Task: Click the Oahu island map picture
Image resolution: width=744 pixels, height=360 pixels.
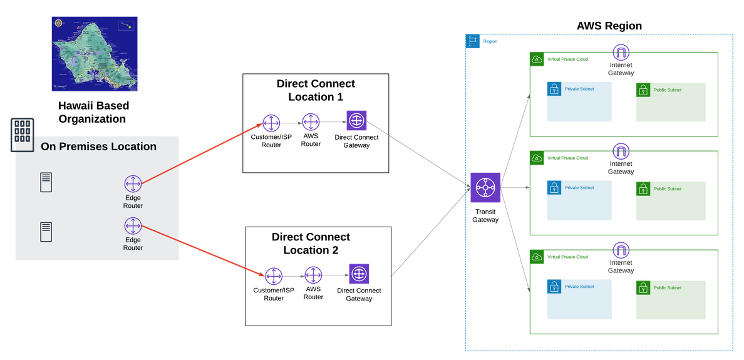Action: click(95, 54)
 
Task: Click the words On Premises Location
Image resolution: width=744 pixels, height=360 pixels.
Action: click(98, 147)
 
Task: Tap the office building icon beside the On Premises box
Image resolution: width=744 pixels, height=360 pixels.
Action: click(23, 135)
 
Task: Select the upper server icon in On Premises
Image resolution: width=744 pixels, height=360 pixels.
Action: click(46, 182)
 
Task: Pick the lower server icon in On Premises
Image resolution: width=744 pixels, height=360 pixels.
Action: click(46, 232)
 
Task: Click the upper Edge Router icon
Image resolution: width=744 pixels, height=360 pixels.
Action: click(133, 184)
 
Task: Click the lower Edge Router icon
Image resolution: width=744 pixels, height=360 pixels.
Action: click(133, 225)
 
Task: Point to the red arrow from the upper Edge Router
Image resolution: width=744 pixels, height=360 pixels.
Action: click(200, 153)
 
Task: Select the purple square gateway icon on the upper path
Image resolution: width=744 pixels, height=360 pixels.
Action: click(357, 120)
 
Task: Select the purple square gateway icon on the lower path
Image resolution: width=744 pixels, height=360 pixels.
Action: click(359, 274)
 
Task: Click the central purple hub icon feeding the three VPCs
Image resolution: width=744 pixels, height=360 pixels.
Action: click(485, 187)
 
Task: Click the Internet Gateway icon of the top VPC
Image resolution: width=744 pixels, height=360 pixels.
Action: click(621, 52)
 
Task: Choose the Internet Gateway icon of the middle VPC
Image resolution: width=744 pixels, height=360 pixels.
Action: click(621, 151)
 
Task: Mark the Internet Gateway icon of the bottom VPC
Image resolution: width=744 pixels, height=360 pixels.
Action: click(621, 249)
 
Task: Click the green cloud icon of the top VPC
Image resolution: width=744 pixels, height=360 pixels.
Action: click(537, 59)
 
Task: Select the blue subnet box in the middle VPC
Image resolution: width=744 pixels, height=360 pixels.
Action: click(579, 200)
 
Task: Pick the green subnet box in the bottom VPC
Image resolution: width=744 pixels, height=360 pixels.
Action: click(671, 300)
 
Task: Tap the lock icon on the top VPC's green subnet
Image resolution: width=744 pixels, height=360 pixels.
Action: click(643, 90)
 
